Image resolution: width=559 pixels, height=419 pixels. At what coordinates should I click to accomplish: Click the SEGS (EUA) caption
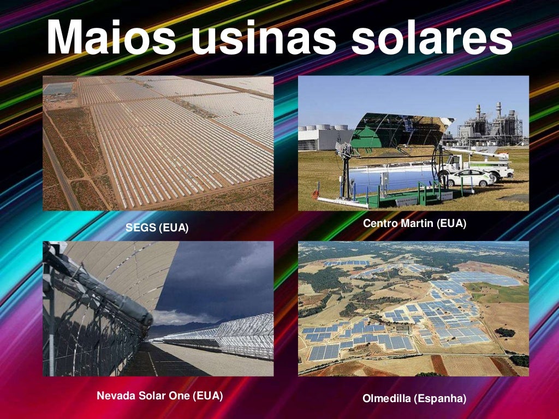[x=157, y=228]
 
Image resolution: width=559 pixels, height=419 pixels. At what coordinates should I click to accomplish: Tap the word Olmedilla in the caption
[x=386, y=399]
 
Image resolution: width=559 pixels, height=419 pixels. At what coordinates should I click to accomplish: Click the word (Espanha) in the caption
[x=440, y=399]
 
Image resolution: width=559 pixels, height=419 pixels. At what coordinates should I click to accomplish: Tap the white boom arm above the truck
[x=475, y=152]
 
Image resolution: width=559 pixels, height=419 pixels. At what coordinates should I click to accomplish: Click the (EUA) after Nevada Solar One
[x=208, y=396]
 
